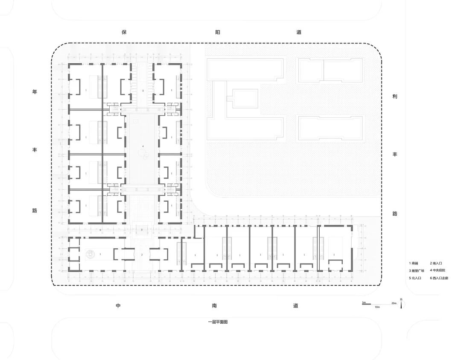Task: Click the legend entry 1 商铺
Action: (414, 264)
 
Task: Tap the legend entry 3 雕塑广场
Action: (416, 271)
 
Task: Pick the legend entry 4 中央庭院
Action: (437, 271)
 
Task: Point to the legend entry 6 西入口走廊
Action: (439, 278)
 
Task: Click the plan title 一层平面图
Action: (218, 322)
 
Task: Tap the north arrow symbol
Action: (401, 305)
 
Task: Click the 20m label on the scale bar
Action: (394, 303)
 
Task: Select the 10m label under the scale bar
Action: (377, 307)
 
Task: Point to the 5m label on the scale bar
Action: (364, 303)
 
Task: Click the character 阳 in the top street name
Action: (217, 32)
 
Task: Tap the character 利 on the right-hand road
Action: (395, 97)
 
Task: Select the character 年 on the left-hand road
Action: (35, 92)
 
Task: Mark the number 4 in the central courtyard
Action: (143, 147)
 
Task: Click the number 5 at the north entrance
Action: (143, 91)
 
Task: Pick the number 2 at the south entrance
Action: (142, 255)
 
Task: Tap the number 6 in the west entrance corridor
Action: (100, 230)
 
